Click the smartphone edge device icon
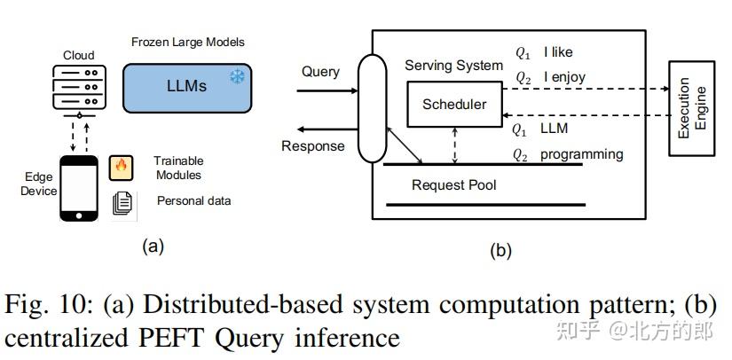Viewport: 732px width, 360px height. (x=79, y=187)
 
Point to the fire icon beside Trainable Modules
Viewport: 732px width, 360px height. (x=121, y=167)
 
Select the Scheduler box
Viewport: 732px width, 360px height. (x=454, y=105)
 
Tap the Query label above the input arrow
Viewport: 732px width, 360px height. (x=320, y=72)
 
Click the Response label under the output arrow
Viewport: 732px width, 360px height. (x=312, y=146)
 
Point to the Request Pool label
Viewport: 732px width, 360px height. (x=453, y=185)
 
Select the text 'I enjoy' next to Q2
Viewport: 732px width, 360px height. (x=564, y=77)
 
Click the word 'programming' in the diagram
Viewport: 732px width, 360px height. (x=581, y=154)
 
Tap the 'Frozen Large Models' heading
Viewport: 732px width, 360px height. (x=187, y=42)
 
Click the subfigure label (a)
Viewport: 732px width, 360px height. (x=153, y=247)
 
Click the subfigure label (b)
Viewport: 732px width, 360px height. (x=500, y=251)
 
